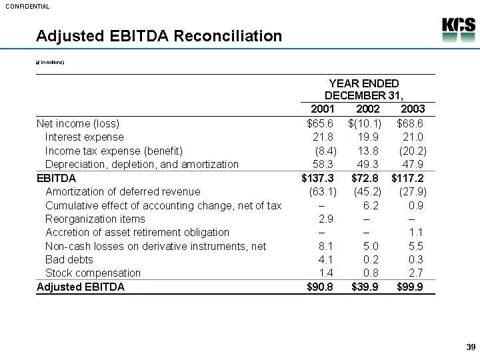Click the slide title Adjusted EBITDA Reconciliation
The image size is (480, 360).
(x=159, y=35)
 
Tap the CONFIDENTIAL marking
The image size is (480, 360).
(x=27, y=6)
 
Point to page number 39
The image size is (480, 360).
(x=470, y=347)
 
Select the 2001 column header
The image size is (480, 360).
(x=323, y=109)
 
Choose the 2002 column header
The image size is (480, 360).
(x=367, y=109)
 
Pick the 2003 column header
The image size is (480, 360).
(x=413, y=109)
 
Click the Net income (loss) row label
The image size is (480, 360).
(x=78, y=123)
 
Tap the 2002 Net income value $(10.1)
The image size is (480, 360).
(x=365, y=123)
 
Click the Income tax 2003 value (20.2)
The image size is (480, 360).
(x=412, y=151)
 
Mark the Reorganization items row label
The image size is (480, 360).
(x=95, y=219)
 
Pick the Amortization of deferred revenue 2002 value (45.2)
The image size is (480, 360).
(x=366, y=192)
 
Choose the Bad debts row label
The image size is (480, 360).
(x=69, y=259)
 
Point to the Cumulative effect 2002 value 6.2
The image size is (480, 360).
(x=371, y=205)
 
